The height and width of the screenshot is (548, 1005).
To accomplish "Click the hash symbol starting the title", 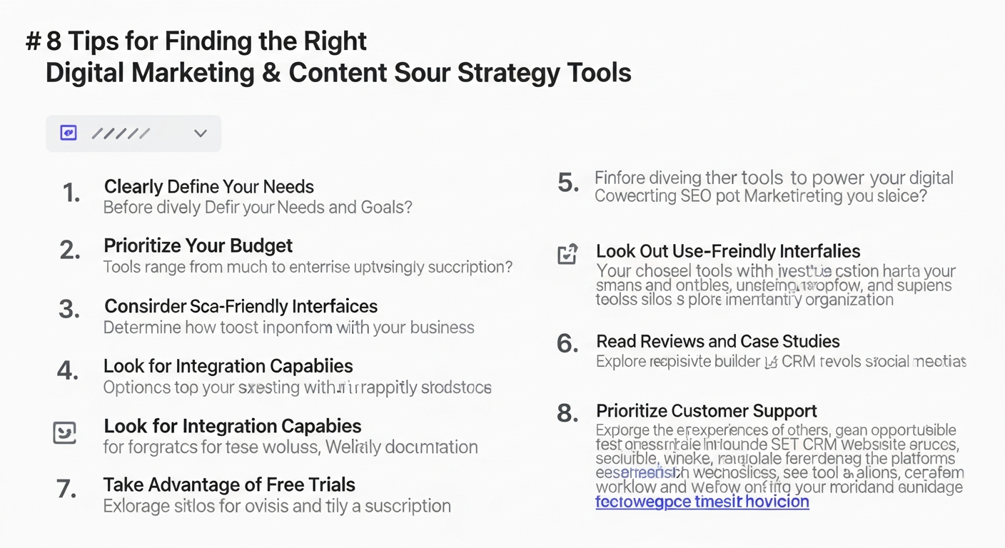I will coord(33,42).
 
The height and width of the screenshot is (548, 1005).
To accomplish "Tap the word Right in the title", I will coord(338,41).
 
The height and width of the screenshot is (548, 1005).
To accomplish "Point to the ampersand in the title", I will coord(271,73).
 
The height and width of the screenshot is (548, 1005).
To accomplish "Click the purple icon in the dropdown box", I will coord(68,133).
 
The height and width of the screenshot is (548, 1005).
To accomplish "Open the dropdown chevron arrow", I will coord(201,133).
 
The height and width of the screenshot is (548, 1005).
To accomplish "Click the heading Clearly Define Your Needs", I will coord(208,187).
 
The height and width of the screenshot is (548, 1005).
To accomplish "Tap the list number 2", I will coord(70,250).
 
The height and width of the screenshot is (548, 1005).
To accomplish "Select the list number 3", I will coord(69,310).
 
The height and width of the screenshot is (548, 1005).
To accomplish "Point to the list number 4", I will coord(69,370).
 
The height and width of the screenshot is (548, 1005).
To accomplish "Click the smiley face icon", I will coord(65,432).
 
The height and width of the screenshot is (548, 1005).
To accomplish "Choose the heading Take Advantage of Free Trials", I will coord(228,485).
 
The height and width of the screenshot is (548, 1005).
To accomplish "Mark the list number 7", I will coord(67,489).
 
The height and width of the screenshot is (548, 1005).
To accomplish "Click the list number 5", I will coord(568,183).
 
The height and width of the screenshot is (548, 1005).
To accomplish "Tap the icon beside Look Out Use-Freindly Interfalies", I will coord(567,254).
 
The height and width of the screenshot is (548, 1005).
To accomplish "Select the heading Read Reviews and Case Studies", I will coord(717,342).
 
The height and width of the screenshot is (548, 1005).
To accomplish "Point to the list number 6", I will coord(567,344).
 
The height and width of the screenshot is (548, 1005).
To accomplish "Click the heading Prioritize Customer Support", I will coord(707,411).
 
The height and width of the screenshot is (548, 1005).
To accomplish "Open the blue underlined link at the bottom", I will coord(702,502).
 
